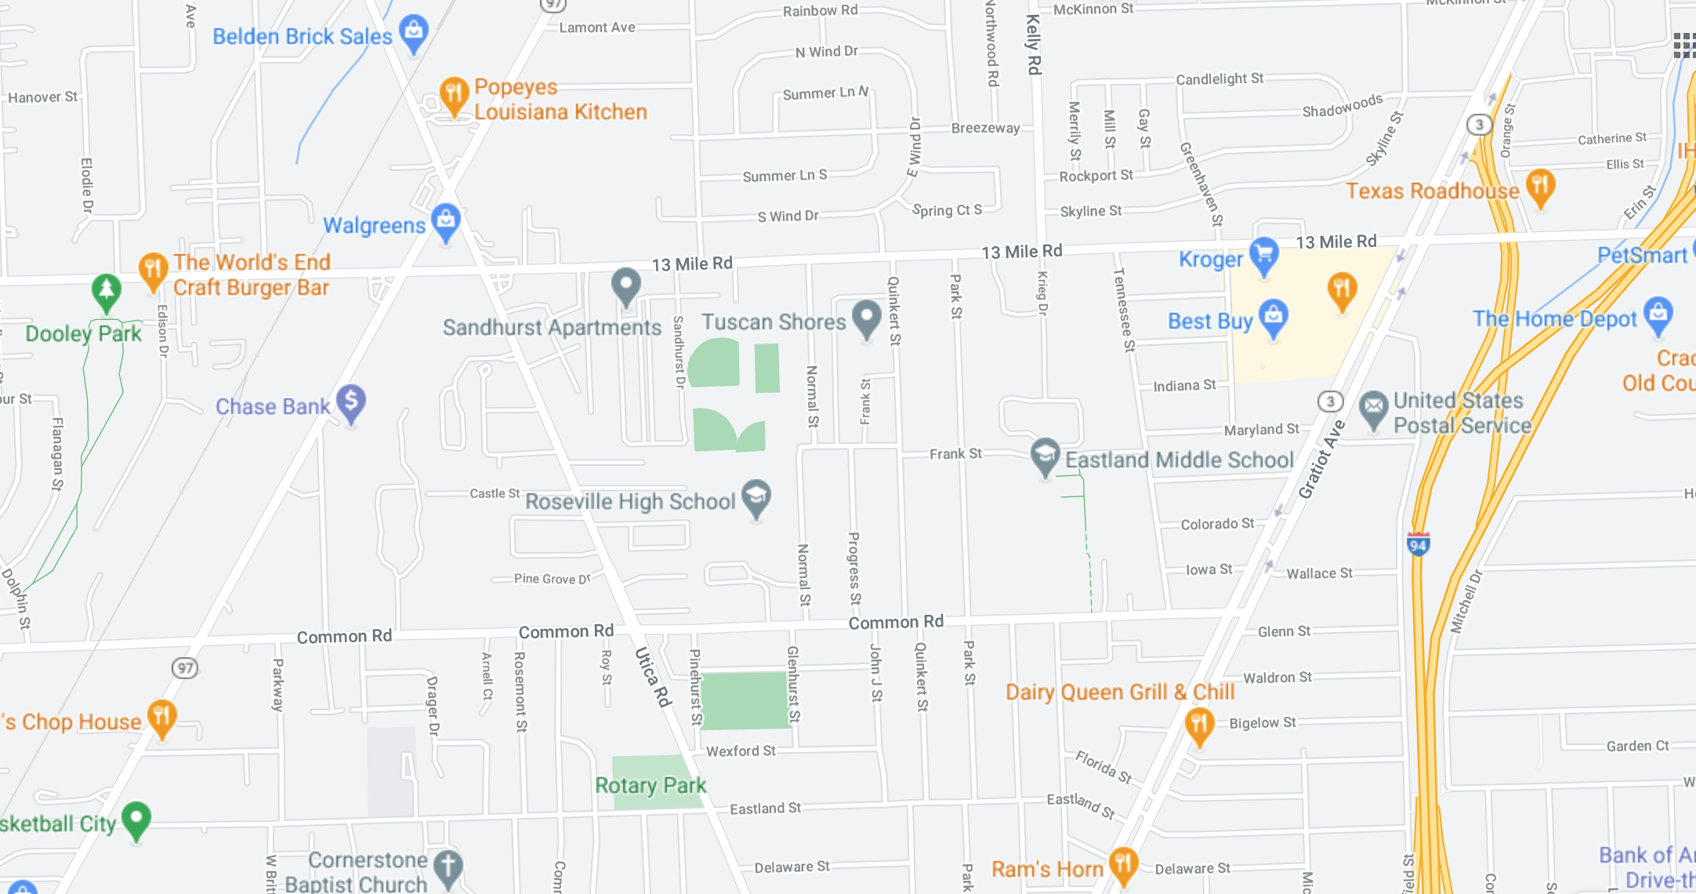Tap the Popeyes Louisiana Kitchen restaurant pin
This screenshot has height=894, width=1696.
[454, 95]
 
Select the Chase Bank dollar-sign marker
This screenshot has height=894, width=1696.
[351, 402]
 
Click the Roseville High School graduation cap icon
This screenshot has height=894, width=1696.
[756, 497]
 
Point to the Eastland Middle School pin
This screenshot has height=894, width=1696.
[1045, 456]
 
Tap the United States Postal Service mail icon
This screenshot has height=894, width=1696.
[1373, 408]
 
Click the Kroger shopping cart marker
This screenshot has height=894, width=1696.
[1263, 254]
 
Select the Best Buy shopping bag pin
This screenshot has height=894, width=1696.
[1273, 316]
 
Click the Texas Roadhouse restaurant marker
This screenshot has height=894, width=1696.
[1540, 187]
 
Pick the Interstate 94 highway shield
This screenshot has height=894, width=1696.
[1418, 544]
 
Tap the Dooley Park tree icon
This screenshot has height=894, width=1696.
[107, 291]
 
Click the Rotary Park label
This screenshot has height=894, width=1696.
[650, 785]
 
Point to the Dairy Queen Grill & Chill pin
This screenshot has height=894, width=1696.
[1199, 725]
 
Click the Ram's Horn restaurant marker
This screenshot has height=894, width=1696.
[1123, 864]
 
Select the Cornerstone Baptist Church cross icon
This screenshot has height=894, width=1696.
[448, 867]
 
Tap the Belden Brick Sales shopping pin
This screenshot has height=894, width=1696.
[413, 32]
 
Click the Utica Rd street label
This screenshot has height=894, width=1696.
[653, 677]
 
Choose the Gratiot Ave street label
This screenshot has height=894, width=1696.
[1321, 460]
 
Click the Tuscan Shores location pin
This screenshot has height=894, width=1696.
[866, 317]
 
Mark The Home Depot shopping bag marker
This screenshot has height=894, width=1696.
[1658, 314]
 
